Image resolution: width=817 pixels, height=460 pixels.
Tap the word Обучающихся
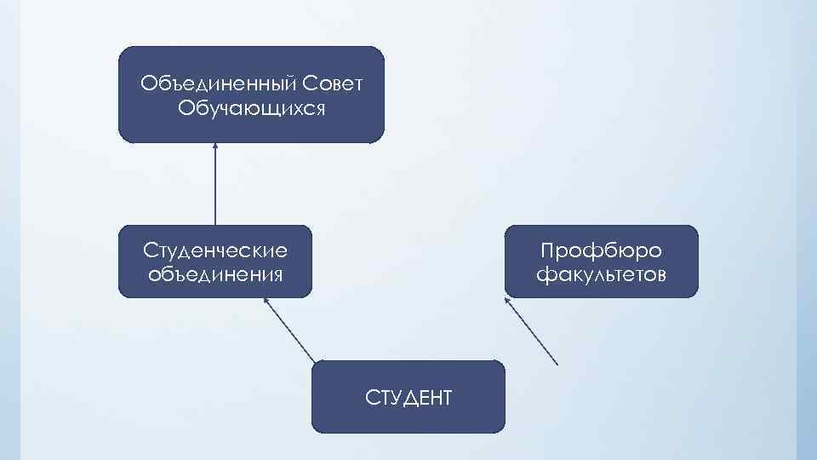click(x=252, y=109)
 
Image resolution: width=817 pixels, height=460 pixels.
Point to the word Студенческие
click(x=215, y=250)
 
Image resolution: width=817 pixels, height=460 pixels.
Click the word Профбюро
click(x=602, y=250)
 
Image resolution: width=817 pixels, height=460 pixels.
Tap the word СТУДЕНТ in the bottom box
click(x=408, y=397)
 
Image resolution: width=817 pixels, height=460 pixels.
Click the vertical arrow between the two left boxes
click(x=215, y=183)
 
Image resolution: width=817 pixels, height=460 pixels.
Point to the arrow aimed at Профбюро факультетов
click(x=532, y=331)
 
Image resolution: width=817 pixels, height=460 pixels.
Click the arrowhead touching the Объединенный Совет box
click(x=215, y=146)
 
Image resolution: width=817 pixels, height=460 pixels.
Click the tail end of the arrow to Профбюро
click(x=557, y=365)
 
